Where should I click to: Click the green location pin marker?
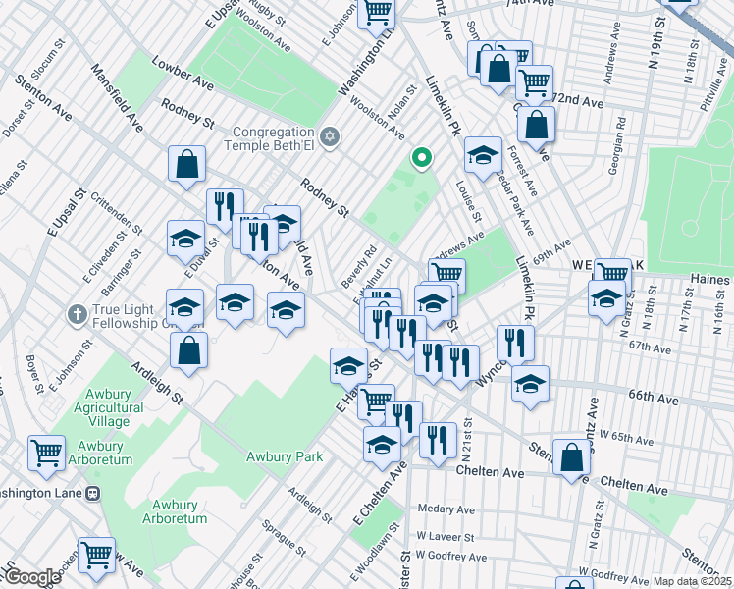pyautogui.click(x=422, y=157)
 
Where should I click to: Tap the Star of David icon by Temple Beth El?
pyautogui.click(x=330, y=136)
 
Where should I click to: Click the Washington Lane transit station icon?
pyautogui.click(x=92, y=493)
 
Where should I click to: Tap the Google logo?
pyautogui.click(x=31, y=577)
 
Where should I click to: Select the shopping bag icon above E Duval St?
pyautogui.click(x=186, y=166)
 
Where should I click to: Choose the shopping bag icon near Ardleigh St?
pyautogui.click(x=189, y=349)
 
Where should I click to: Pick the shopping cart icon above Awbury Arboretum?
pyautogui.click(x=46, y=453)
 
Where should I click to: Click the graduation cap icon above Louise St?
pyautogui.click(x=483, y=155)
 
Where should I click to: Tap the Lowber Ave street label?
pyautogui.click(x=183, y=72)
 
